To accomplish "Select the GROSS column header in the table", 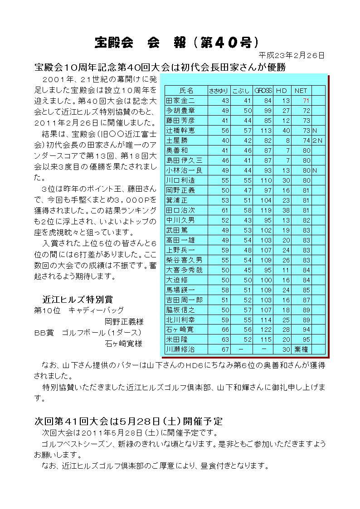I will (x=263, y=91).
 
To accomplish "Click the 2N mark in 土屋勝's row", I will (x=318, y=141).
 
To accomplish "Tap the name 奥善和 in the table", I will (x=177, y=150).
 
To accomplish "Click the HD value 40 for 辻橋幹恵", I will (x=286, y=131).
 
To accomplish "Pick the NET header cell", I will (x=301, y=91).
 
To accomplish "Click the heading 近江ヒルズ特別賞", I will (x=78, y=299).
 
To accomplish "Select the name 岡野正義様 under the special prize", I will (x=124, y=322).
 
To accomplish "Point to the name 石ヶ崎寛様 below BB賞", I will (x=124, y=343).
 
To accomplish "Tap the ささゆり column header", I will (x=219, y=91).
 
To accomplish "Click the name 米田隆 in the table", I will (x=177, y=339).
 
